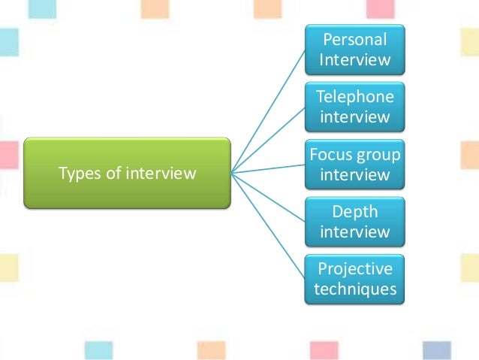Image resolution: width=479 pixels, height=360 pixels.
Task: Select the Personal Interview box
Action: point(354,49)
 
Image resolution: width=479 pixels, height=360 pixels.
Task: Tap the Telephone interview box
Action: point(354,107)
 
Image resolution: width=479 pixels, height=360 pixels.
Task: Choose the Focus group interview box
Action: point(354,165)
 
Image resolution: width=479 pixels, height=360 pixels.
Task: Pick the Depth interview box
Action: point(354,222)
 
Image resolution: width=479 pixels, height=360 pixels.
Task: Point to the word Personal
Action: point(354,39)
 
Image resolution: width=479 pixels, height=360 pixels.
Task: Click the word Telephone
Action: point(354,97)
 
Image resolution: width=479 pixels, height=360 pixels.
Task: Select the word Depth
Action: point(354,212)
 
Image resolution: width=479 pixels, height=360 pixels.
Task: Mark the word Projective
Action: point(354,269)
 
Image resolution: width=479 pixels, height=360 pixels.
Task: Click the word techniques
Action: point(354,289)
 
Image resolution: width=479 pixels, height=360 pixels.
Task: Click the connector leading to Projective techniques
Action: point(269,228)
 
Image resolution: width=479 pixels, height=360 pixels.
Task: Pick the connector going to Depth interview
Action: point(269,198)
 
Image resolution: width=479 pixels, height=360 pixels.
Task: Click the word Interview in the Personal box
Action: point(354,59)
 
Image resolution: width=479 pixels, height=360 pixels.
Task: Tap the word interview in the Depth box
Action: point(354,232)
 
